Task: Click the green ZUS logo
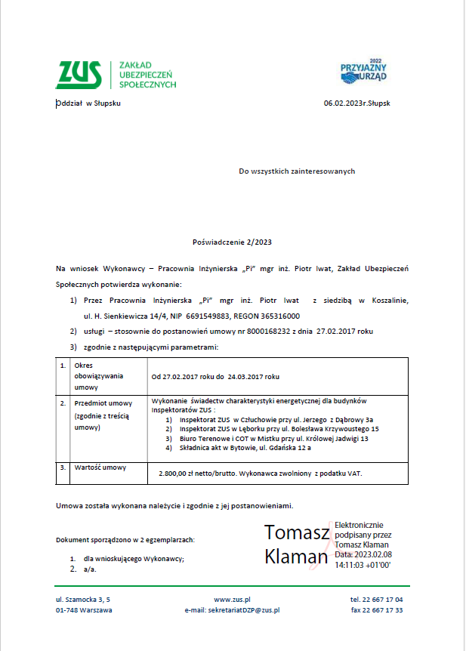[x=79, y=74]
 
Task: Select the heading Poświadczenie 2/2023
[x=232, y=242]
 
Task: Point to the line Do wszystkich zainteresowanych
[x=297, y=171]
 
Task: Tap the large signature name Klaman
[x=296, y=557]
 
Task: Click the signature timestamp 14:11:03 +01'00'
[x=363, y=564]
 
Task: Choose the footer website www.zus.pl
[x=232, y=599]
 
